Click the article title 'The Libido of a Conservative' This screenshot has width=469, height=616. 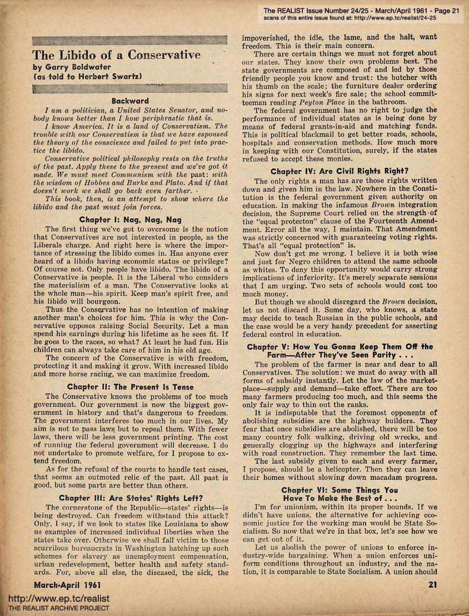click(116, 55)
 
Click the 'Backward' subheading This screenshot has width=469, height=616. click(130, 101)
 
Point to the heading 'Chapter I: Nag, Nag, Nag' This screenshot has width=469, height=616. click(130, 220)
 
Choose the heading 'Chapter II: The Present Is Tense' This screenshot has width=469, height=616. click(130, 387)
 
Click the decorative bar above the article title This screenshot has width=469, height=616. click(130, 39)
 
